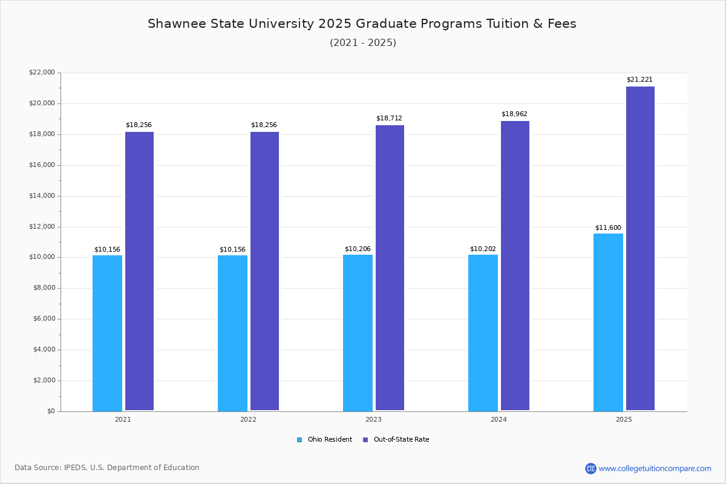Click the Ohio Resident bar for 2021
tap(107, 333)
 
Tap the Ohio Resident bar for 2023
tap(358, 333)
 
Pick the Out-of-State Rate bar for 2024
tap(515, 266)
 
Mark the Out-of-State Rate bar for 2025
tap(640, 248)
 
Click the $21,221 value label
tap(639, 80)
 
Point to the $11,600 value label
tap(608, 228)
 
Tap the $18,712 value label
tap(389, 119)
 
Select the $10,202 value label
tap(483, 249)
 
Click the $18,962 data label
tap(514, 114)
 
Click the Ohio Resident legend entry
tap(325, 440)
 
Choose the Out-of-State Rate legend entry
tap(396, 440)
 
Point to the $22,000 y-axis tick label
tap(42, 73)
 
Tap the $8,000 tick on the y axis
tap(44, 288)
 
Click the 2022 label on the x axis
tap(248, 419)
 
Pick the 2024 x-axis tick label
tap(499, 419)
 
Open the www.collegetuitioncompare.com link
tap(655, 468)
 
